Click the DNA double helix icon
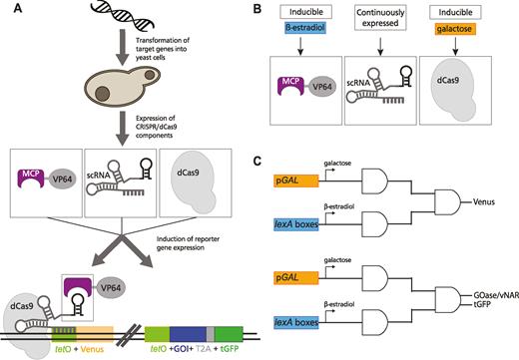pos(123,14)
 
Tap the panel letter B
pos(258,9)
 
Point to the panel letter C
pos(258,162)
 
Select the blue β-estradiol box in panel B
pos(305,28)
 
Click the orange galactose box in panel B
pos(455,29)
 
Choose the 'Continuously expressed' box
pos(380,18)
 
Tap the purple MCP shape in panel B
pos(291,86)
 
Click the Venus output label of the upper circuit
pos(484,201)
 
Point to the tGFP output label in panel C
pos(482,303)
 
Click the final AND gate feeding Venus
pos(448,201)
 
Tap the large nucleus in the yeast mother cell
pos(104,92)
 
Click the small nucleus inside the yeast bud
pos(150,74)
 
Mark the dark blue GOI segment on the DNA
pos(189,334)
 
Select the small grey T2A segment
pos(211,334)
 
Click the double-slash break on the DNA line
pos(128,334)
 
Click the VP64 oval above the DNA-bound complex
pos(111,287)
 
